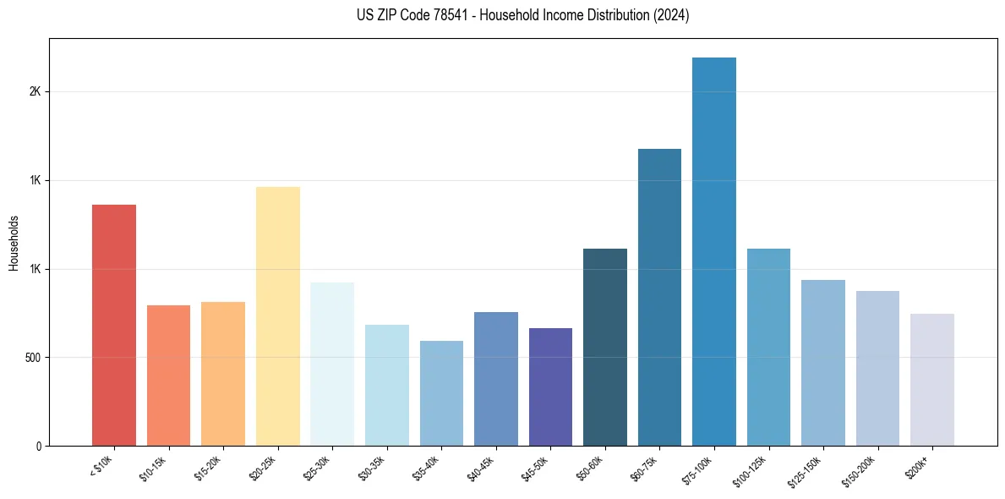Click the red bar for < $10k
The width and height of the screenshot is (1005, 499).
(x=113, y=325)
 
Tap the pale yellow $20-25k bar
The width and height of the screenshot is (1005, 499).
(x=277, y=316)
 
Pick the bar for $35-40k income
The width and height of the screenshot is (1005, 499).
(x=441, y=393)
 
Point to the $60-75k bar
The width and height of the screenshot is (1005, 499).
(x=659, y=297)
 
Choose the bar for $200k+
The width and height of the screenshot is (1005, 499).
(x=932, y=380)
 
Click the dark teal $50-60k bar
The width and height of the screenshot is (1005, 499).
(x=605, y=347)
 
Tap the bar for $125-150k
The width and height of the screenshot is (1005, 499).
(x=823, y=363)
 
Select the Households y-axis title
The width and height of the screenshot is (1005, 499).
(x=14, y=243)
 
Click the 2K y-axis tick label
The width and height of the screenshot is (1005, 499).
(x=36, y=92)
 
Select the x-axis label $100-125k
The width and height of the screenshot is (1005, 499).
(x=751, y=470)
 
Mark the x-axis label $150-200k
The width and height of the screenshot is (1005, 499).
(x=860, y=470)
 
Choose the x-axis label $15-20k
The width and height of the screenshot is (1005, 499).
(x=208, y=469)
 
